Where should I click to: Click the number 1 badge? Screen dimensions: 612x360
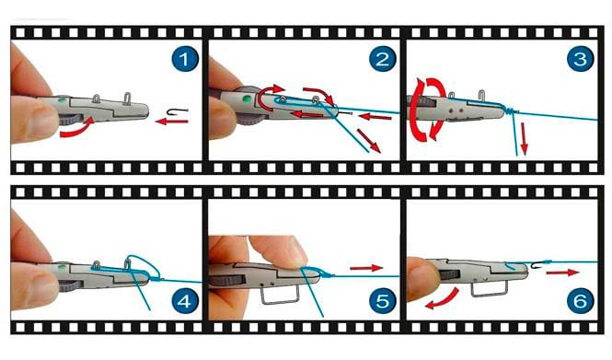184,59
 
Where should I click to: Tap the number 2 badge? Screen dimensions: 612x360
382,59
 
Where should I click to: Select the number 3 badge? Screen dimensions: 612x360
580,59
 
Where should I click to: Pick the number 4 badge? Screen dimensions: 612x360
184,301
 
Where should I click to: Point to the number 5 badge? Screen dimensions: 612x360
383,301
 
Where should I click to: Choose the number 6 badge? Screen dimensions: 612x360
581,301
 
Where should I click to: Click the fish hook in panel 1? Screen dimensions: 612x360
178,112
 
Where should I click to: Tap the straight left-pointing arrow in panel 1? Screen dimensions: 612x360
172,122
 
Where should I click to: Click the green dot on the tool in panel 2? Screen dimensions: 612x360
247,99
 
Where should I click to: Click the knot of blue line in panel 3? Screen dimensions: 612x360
508,110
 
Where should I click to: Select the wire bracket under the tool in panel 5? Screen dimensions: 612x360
280,295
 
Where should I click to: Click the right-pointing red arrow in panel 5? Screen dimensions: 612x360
366,268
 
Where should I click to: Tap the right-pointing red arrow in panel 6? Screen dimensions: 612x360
562,273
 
